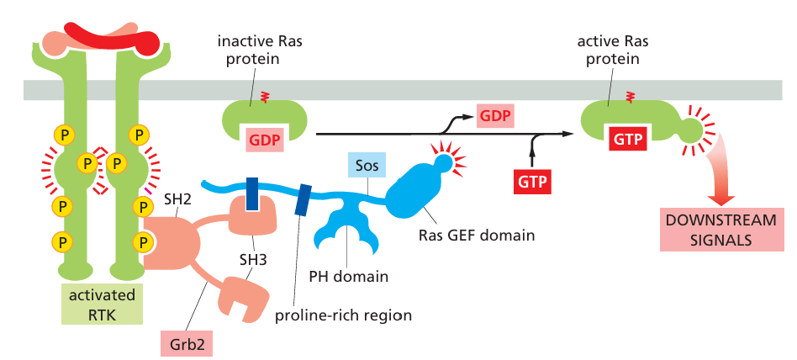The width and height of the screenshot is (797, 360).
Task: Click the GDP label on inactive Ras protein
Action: pyautogui.click(x=266, y=141)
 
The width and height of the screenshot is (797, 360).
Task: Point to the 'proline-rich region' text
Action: pyautogui.click(x=344, y=316)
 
